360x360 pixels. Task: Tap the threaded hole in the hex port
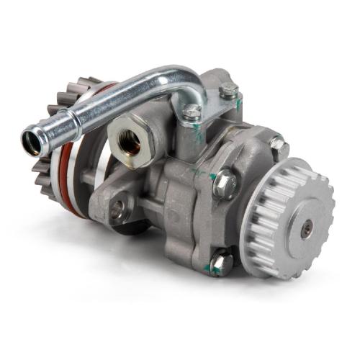(130, 143)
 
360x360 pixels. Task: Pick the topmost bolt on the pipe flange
(229, 91)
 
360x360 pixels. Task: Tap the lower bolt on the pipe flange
(192, 112)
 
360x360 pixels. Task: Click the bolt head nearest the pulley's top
(278, 146)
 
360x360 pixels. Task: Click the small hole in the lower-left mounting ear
(115, 212)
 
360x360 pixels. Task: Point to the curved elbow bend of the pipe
(189, 79)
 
